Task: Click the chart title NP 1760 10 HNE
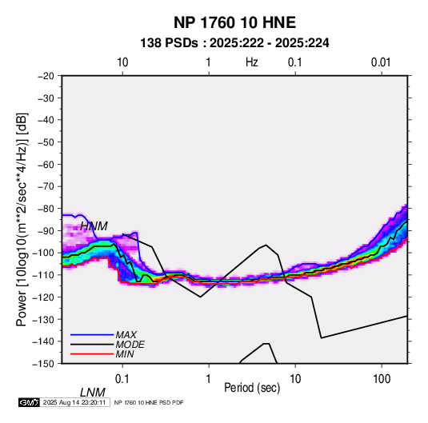[234, 22]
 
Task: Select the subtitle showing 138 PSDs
[234, 43]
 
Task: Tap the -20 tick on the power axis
[46, 76]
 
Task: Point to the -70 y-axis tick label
[46, 186]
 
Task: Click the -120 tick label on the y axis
[44, 297]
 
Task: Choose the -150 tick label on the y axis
[44, 364]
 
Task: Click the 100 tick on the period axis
[382, 379]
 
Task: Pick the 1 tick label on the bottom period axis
[209, 379]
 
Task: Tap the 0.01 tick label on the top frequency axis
[381, 62]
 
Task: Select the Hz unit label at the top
[252, 62]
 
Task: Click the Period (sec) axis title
[252, 388]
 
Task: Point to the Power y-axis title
[22, 220]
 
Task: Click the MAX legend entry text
[126, 335]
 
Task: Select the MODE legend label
[130, 345]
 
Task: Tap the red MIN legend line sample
[92, 354]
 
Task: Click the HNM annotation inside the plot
[94, 226]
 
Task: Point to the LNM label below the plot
[93, 393]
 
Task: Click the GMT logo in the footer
[29, 402]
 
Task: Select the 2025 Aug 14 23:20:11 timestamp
[74, 402]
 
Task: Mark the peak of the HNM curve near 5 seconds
[266, 245]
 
